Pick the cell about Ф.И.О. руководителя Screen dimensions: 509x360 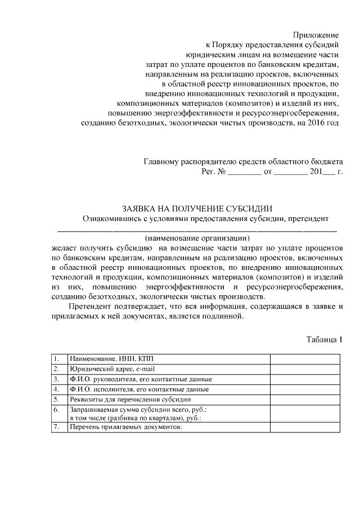[x=141, y=379]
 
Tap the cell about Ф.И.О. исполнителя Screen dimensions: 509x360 [x=139, y=389]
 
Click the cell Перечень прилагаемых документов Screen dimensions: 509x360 [x=126, y=427]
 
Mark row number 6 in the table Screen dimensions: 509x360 [x=57, y=410]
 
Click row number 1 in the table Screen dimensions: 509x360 [x=57, y=359]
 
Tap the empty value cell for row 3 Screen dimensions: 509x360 [x=305, y=379]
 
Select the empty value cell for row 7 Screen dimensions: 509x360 [x=305, y=427]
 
